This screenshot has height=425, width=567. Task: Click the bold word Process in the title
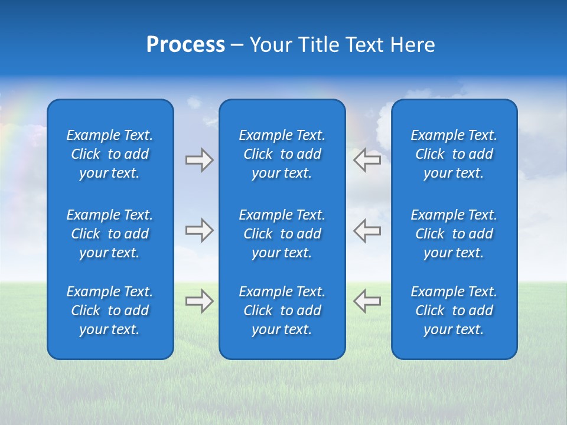click(185, 45)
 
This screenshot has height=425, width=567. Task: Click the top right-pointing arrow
click(199, 160)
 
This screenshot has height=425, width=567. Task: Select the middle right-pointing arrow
click(199, 230)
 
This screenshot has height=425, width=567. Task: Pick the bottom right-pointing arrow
click(199, 300)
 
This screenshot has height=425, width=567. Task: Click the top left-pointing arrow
click(367, 160)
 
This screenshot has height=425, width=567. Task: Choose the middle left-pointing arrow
click(367, 230)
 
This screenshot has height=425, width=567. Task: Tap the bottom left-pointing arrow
click(367, 300)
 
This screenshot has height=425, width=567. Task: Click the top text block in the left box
click(110, 154)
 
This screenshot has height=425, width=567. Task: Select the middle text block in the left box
click(110, 234)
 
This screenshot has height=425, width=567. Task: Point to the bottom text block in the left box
click(110, 310)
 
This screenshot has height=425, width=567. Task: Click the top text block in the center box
click(282, 154)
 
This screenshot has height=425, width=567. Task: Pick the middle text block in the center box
click(282, 234)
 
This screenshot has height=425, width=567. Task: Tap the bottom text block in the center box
click(282, 310)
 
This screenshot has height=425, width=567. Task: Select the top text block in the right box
click(454, 154)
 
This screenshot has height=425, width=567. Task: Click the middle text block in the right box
click(454, 234)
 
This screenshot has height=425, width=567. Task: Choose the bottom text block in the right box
click(454, 310)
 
